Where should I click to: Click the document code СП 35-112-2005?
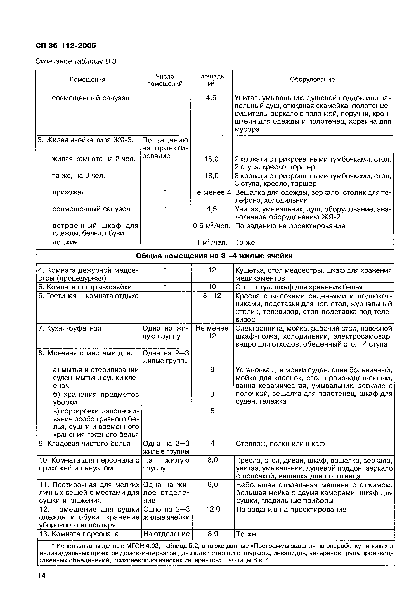pyautogui.click(x=66, y=46)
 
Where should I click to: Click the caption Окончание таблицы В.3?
pyautogui.click(x=76, y=62)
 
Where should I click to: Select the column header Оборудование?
pyautogui.click(x=312, y=79)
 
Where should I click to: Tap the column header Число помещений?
pyautogui.click(x=165, y=80)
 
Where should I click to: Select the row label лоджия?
pyautogui.click(x=65, y=242)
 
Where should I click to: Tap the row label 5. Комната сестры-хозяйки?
pyautogui.click(x=85, y=287)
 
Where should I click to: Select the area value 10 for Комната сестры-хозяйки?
pyautogui.click(x=212, y=287)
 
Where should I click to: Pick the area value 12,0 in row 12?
pyautogui.click(x=213, y=509)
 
